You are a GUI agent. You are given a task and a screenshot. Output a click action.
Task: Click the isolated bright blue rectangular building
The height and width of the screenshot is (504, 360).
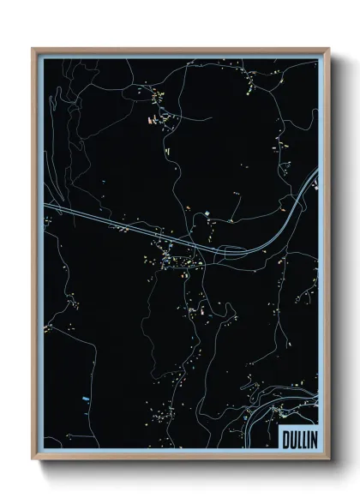(x=83, y=400)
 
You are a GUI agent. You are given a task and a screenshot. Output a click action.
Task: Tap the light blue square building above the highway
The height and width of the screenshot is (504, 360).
(x=207, y=213)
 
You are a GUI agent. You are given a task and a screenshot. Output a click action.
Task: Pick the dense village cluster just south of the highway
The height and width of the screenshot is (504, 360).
(x=176, y=257)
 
